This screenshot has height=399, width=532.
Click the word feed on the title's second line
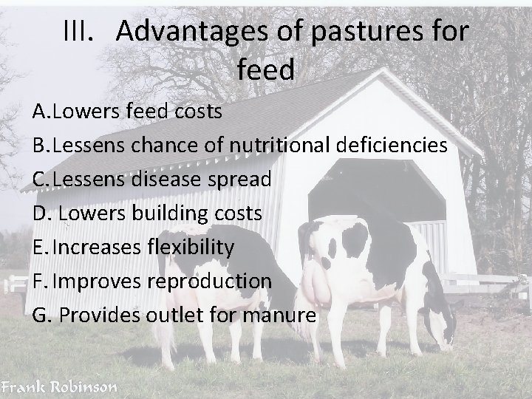[x=266, y=69]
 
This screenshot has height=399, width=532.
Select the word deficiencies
[x=389, y=145]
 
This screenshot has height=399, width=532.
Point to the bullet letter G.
[x=41, y=316]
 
